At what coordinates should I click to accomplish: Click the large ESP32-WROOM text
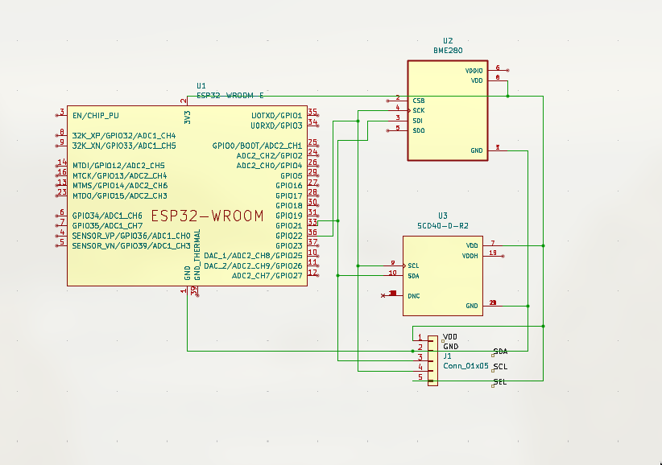(208, 216)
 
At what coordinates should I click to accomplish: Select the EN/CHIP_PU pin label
(95, 115)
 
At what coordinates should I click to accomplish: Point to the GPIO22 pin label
(289, 236)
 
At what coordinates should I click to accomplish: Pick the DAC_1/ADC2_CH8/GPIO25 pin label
(253, 256)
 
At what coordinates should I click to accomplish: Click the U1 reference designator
(201, 85)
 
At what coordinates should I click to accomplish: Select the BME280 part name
(447, 50)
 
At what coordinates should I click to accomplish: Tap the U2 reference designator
(448, 40)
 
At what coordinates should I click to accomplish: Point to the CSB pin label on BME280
(418, 101)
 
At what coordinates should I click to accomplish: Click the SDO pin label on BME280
(419, 130)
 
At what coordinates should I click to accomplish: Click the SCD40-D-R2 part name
(443, 226)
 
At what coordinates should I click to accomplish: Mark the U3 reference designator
(443, 216)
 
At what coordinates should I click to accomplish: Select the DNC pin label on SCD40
(414, 296)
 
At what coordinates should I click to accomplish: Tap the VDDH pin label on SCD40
(470, 256)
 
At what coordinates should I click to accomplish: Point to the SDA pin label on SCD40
(413, 276)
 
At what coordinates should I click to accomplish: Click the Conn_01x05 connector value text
(465, 365)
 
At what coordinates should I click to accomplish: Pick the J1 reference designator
(448, 355)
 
